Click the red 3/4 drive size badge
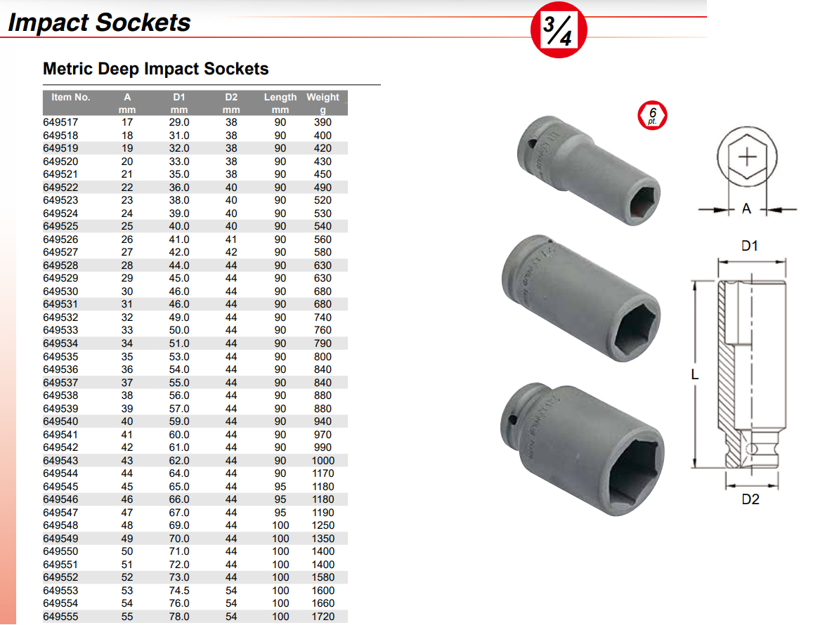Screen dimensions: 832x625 pos(559,29)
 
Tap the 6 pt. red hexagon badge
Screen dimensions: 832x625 pos(652,115)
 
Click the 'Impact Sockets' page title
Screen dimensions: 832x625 pos(99,22)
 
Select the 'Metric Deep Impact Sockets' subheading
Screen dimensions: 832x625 pos(155,68)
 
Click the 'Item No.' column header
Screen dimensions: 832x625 pos(70,97)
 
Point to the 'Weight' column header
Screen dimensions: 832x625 pos(323,97)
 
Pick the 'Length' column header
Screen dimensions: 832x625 pos(280,97)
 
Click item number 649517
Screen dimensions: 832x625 pos(60,122)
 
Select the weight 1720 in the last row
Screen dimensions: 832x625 pos(323,617)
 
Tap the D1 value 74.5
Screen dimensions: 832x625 pos(179,591)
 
